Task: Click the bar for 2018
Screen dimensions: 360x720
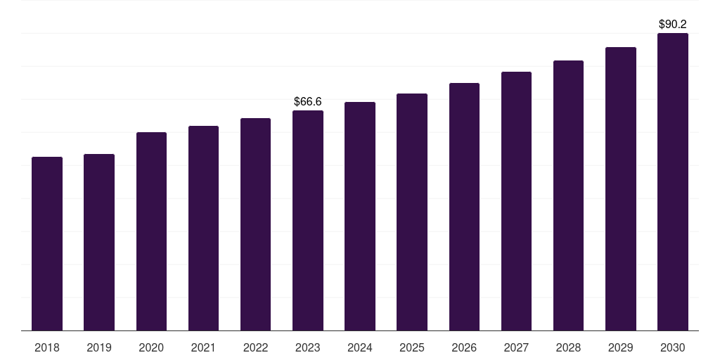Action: point(47,243)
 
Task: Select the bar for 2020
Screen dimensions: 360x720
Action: point(151,231)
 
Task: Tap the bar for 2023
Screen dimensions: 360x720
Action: point(308,220)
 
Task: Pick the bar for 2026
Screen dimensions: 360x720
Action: point(464,207)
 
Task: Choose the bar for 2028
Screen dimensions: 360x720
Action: point(568,195)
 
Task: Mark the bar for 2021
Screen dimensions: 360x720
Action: point(203,228)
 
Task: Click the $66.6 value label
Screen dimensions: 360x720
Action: point(308,102)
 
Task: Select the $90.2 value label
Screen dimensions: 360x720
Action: point(673,25)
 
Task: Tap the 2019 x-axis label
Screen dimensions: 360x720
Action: point(99,347)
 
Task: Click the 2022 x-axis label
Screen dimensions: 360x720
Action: point(255,347)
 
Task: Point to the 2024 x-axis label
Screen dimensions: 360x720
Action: point(360,347)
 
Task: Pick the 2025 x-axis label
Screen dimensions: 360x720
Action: point(412,347)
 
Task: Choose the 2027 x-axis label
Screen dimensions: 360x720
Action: point(516,347)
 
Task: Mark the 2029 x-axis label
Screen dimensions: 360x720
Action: point(620,347)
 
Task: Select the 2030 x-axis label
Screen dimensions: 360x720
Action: point(673,347)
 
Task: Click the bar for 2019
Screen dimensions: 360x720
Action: point(99,242)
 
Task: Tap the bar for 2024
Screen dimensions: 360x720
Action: point(360,216)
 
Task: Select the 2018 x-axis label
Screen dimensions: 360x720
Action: point(47,347)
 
